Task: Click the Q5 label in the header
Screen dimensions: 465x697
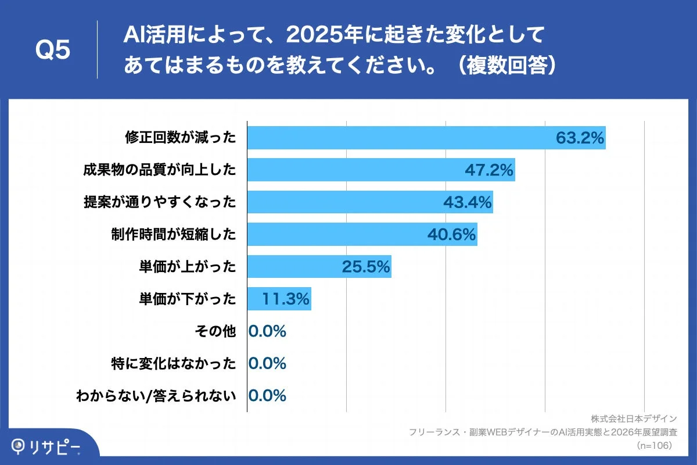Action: click(x=53, y=50)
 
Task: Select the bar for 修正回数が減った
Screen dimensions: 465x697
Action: click(x=426, y=138)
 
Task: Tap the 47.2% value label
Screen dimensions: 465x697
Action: click(x=489, y=170)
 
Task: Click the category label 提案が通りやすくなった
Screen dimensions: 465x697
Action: click(x=160, y=202)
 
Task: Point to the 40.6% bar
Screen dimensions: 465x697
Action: click(x=362, y=234)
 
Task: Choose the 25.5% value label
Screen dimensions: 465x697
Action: click(x=365, y=266)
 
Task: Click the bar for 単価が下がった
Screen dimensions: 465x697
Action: click(x=279, y=299)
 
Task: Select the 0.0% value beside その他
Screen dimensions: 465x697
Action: click(x=267, y=331)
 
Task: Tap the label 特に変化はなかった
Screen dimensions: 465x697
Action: click(x=174, y=364)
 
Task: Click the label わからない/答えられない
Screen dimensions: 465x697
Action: click(x=156, y=396)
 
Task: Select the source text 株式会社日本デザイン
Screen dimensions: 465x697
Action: click(x=634, y=419)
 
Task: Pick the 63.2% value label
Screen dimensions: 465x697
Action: click(x=580, y=138)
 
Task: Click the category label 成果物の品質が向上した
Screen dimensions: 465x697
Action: click(x=160, y=170)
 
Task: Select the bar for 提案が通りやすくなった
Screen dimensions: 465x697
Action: click(x=370, y=202)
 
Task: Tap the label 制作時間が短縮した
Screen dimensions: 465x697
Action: click(x=174, y=234)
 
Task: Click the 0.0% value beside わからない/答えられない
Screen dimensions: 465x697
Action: click(x=267, y=396)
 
